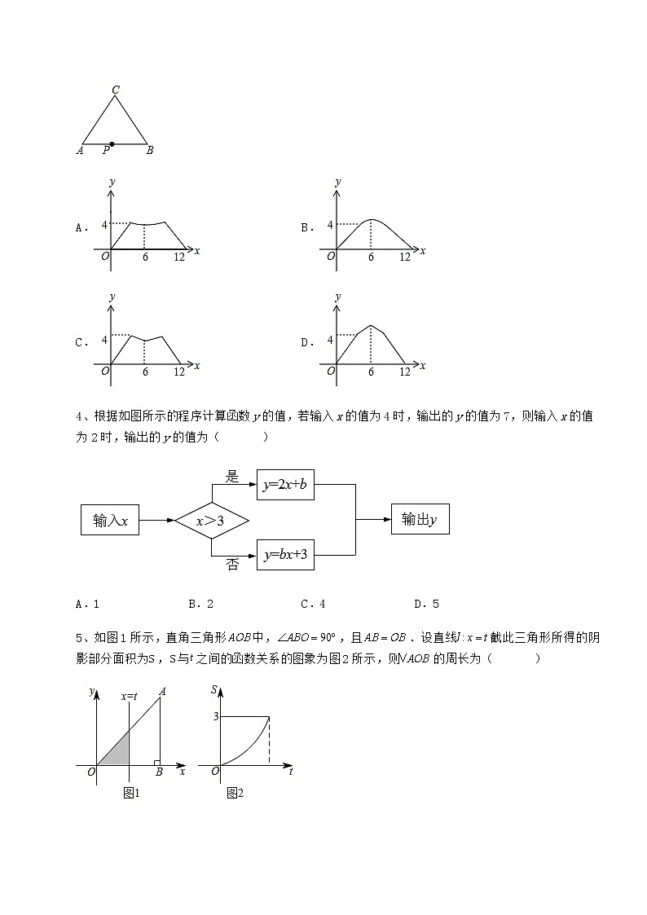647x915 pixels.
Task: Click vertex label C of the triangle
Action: [x=117, y=90]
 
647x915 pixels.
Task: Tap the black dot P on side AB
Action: [x=112, y=144]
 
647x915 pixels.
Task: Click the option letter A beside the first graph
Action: [x=80, y=228]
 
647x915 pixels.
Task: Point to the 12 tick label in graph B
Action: [x=404, y=257]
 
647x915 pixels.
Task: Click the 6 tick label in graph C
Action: [x=145, y=372]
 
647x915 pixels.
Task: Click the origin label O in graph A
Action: [x=104, y=257]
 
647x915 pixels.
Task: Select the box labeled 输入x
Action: [x=110, y=520]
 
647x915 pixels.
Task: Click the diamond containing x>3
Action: [x=211, y=520]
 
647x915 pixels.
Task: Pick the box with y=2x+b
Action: [x=285, y=485]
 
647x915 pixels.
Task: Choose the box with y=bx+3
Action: [x=285, y=555]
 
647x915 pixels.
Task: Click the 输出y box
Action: [x=420, y=519]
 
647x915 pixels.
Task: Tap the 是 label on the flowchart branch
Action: [x=232, y=477]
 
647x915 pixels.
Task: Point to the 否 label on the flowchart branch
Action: [x=232, y=564]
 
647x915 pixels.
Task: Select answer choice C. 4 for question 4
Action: [x=313, y=604]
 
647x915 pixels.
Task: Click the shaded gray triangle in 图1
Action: [x=119, y=750]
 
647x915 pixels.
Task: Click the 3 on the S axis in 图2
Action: [x=216, y=716]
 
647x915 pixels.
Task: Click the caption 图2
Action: [x=235, y=793]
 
